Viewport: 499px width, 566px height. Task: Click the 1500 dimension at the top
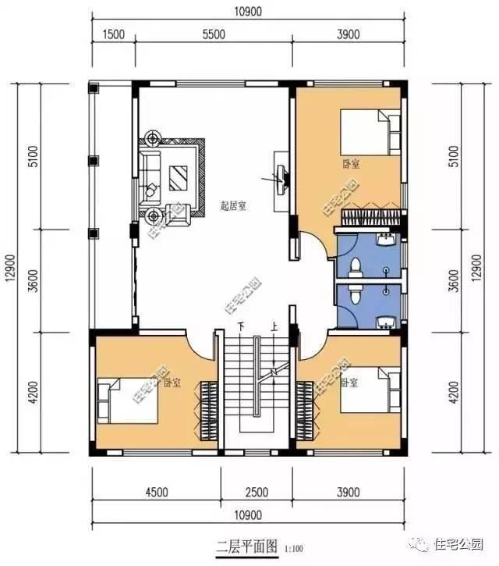113,34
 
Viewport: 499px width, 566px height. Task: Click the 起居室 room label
233,206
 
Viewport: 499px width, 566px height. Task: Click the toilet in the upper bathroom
356,268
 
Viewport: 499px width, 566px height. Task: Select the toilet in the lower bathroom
356,294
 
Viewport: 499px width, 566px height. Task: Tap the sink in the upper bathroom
384,240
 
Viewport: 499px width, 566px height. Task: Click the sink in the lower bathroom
384,322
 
